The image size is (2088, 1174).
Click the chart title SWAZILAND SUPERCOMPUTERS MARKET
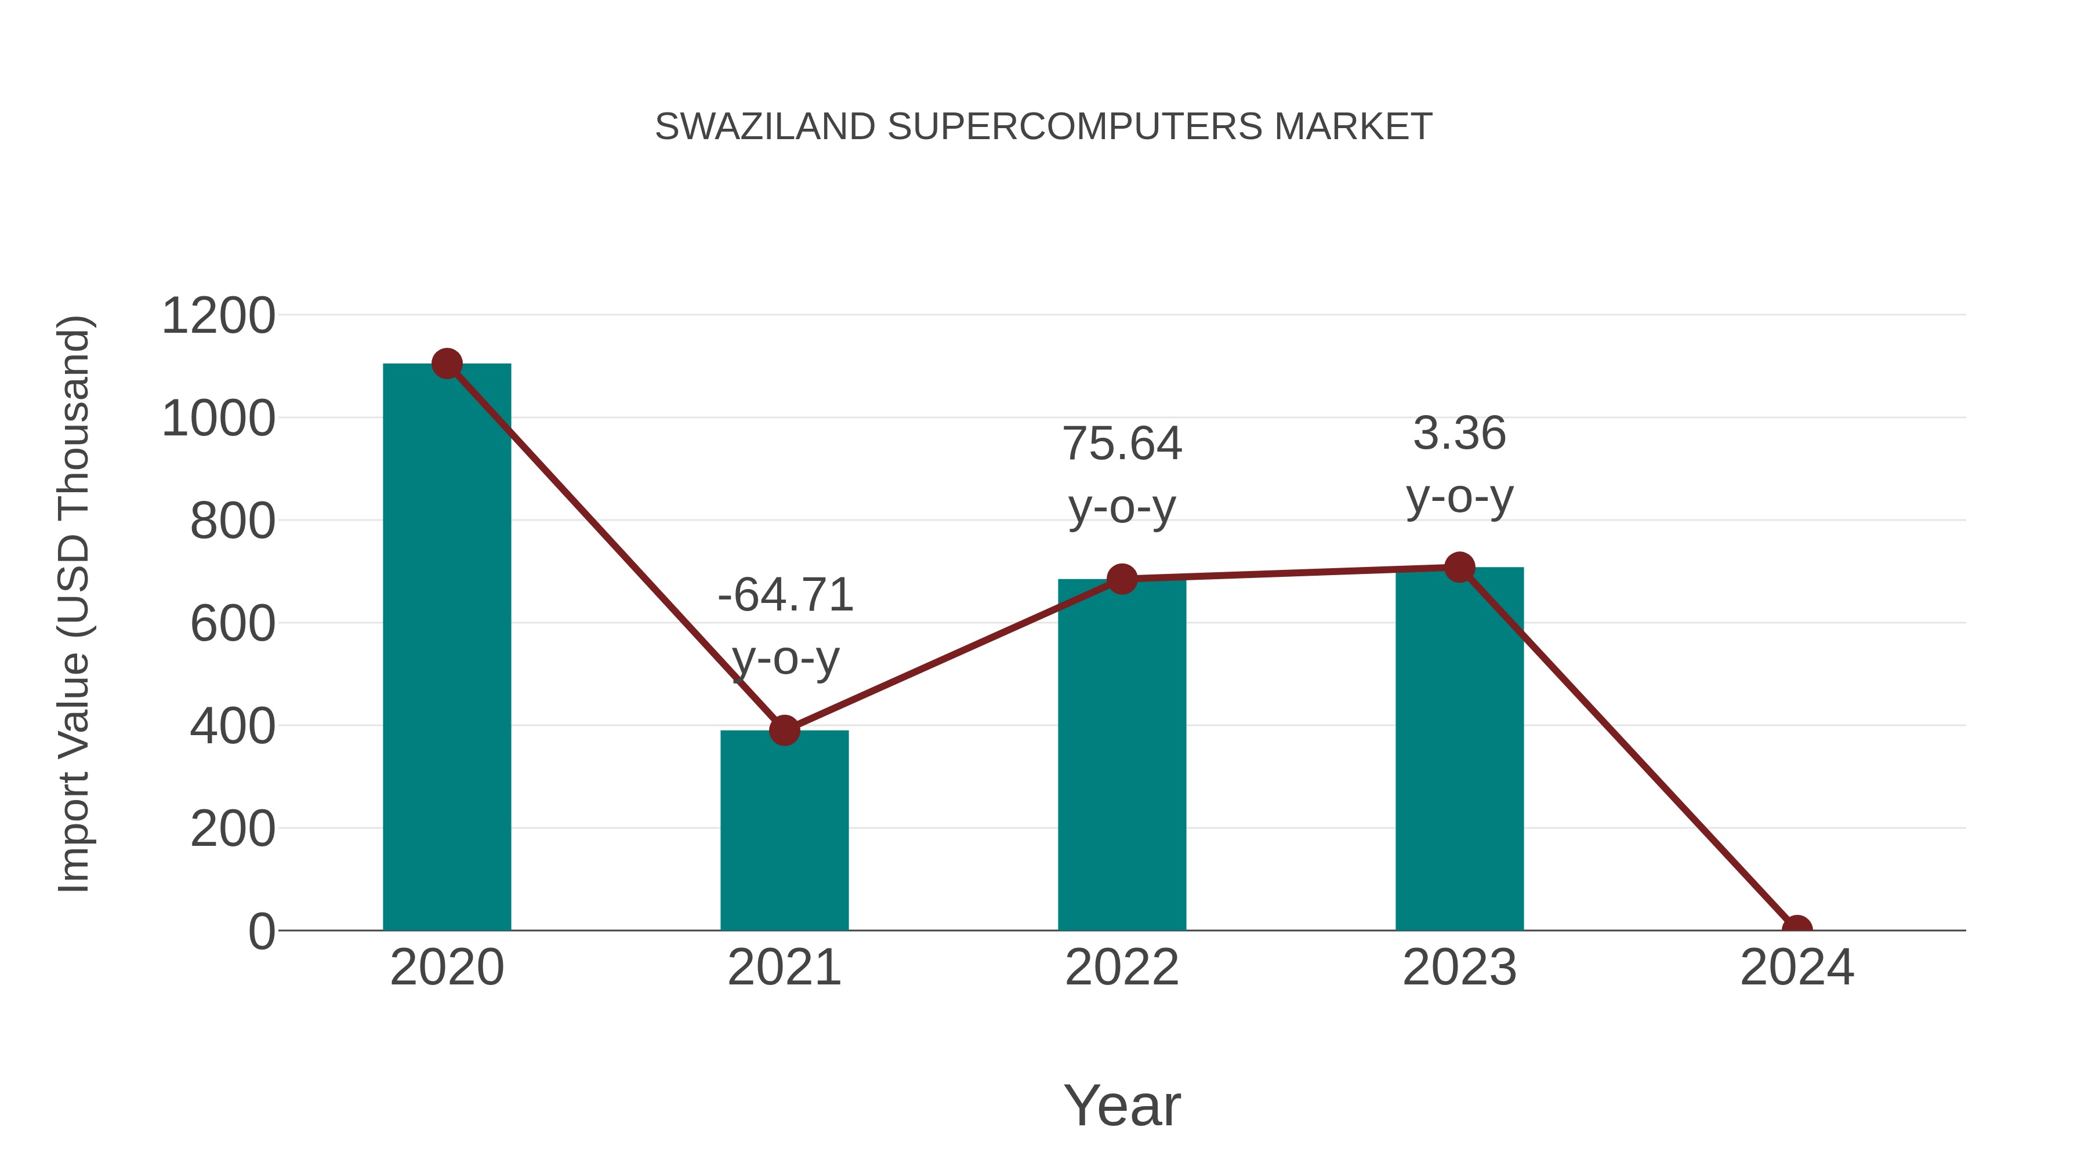click(1043, 127)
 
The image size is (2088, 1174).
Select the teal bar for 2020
click(447, 648)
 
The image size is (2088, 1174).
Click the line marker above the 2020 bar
click(447, 364)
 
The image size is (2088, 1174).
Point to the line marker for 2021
click(784, 730)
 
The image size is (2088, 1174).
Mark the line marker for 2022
click(1121, 579)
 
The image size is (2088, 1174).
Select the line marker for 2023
click(1459, 567)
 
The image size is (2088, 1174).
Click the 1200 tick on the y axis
click(218, 316)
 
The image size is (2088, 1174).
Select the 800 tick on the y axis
click(232, 521)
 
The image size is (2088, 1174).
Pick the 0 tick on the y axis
click(261, 932)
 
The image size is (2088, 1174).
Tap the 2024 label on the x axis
click(1796, 968)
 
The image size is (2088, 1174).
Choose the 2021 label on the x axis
click(784, 968)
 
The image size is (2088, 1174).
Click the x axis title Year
click(1122, 1105)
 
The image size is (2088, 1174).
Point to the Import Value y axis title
click(75, 604)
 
